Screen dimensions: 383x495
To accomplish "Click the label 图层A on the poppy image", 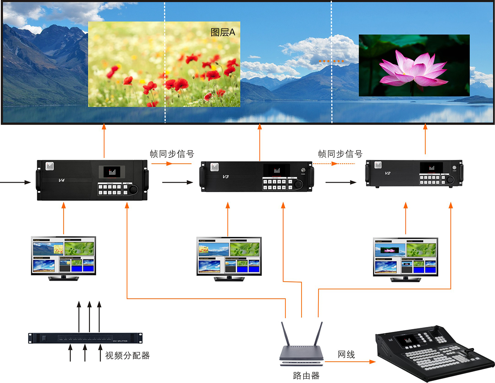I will click(x=223, y=33).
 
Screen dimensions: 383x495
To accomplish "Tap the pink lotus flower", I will click(x=414, y=68).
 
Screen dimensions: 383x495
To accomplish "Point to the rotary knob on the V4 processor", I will click(x=133, y=190).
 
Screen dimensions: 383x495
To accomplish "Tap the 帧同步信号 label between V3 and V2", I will click(x=340, y=154).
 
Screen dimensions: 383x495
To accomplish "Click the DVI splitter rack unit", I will click(x=85, y=338).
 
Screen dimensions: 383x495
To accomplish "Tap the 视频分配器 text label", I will click(x=127, y=355).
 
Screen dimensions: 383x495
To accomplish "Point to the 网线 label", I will click(x=346, y=354).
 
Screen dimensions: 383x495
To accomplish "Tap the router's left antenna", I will click(x=284, y=334).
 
